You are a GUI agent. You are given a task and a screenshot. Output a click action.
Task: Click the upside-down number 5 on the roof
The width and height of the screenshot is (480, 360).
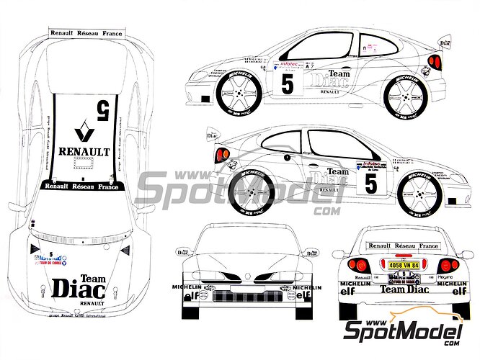tap(104, 109)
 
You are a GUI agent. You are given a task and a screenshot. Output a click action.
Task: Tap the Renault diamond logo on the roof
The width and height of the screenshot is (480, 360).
tap(84, 135)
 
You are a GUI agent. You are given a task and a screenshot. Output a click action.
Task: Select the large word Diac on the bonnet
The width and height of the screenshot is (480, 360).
tap(79, 288)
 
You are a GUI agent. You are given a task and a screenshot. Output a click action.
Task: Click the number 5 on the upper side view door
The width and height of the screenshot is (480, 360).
tap(287, 84)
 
